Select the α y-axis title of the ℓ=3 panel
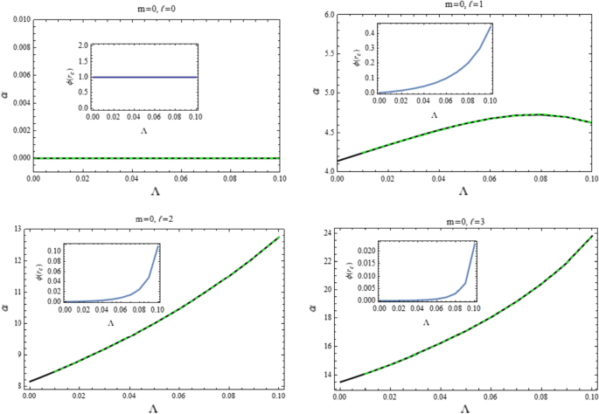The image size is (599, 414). (x=312, y=308)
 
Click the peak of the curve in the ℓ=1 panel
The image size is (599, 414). (x=540, y=114)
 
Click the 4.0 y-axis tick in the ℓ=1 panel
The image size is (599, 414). (x=327, y=170)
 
